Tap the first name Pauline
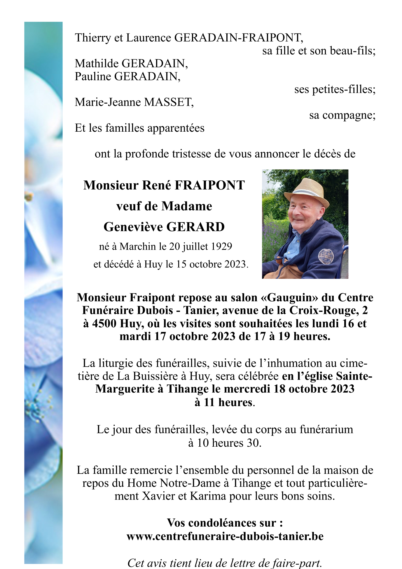point(93,76)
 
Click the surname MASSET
point(169,102)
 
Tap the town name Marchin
point(138,247)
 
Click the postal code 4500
point(104,324)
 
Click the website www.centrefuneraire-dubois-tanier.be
point(225,537)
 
